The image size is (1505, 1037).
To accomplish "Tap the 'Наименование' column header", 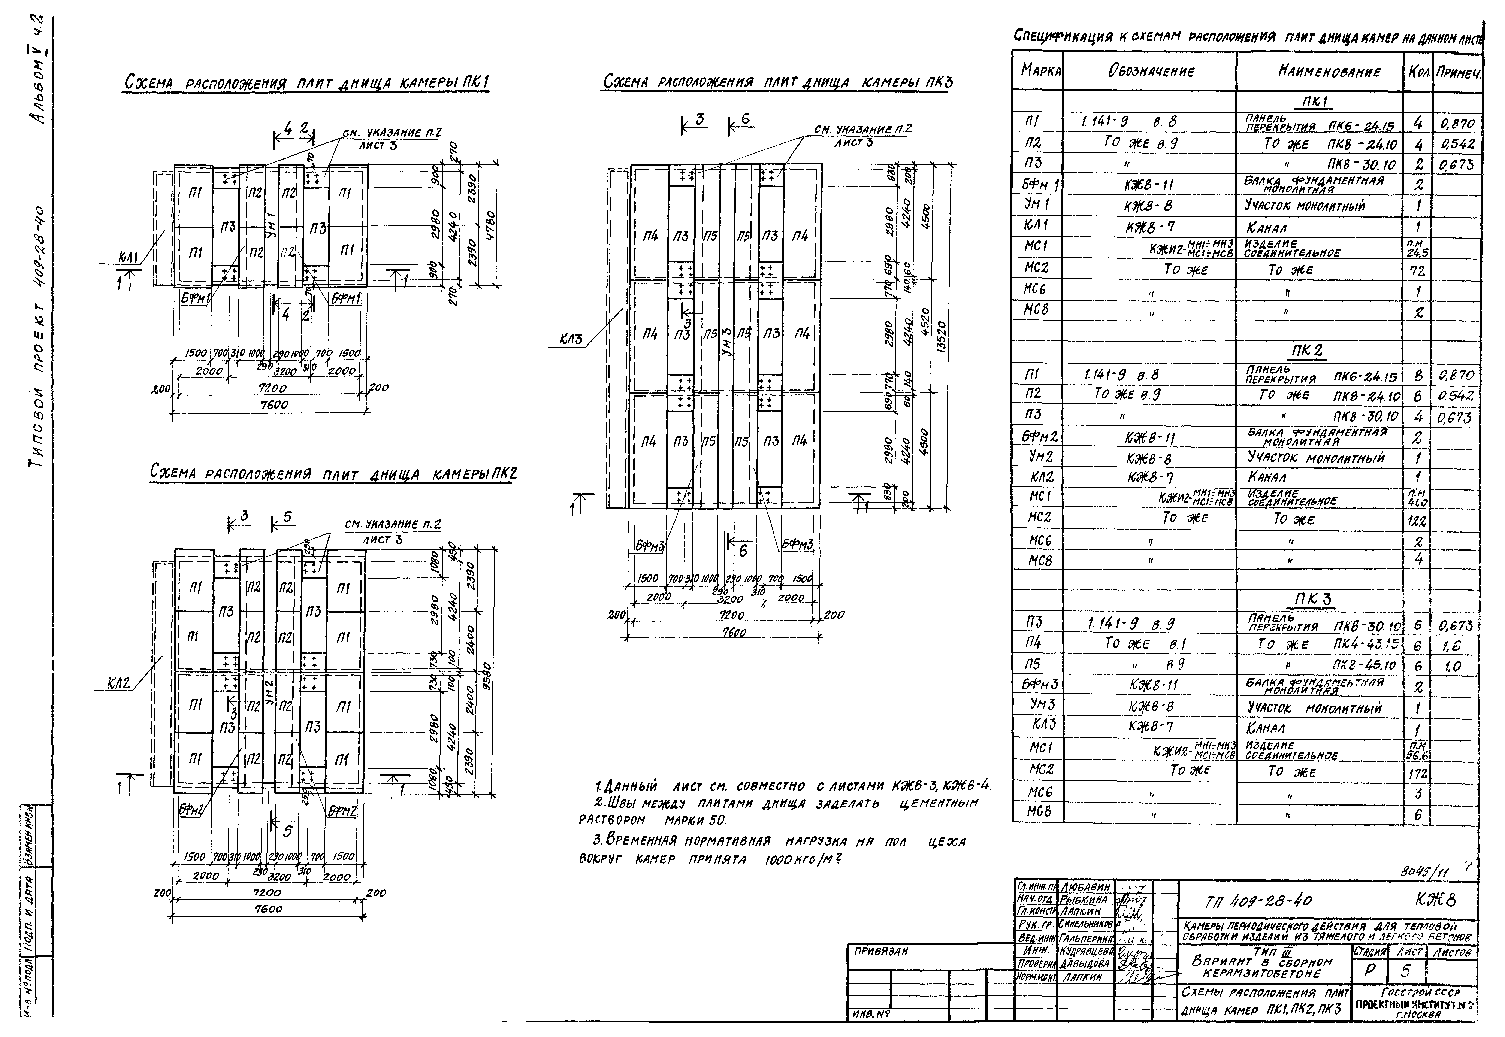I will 1319,72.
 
